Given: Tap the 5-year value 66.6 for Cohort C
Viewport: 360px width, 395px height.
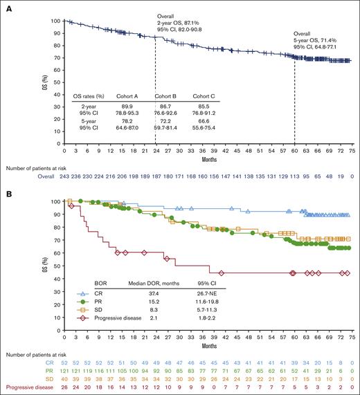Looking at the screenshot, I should click(x=202, y=129).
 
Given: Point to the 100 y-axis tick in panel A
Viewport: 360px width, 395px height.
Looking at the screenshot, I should click(x=55, y=21).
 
